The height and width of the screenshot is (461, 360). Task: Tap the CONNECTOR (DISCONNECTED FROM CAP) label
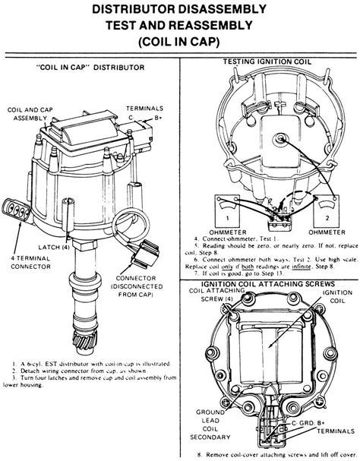[x=142, y=284]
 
